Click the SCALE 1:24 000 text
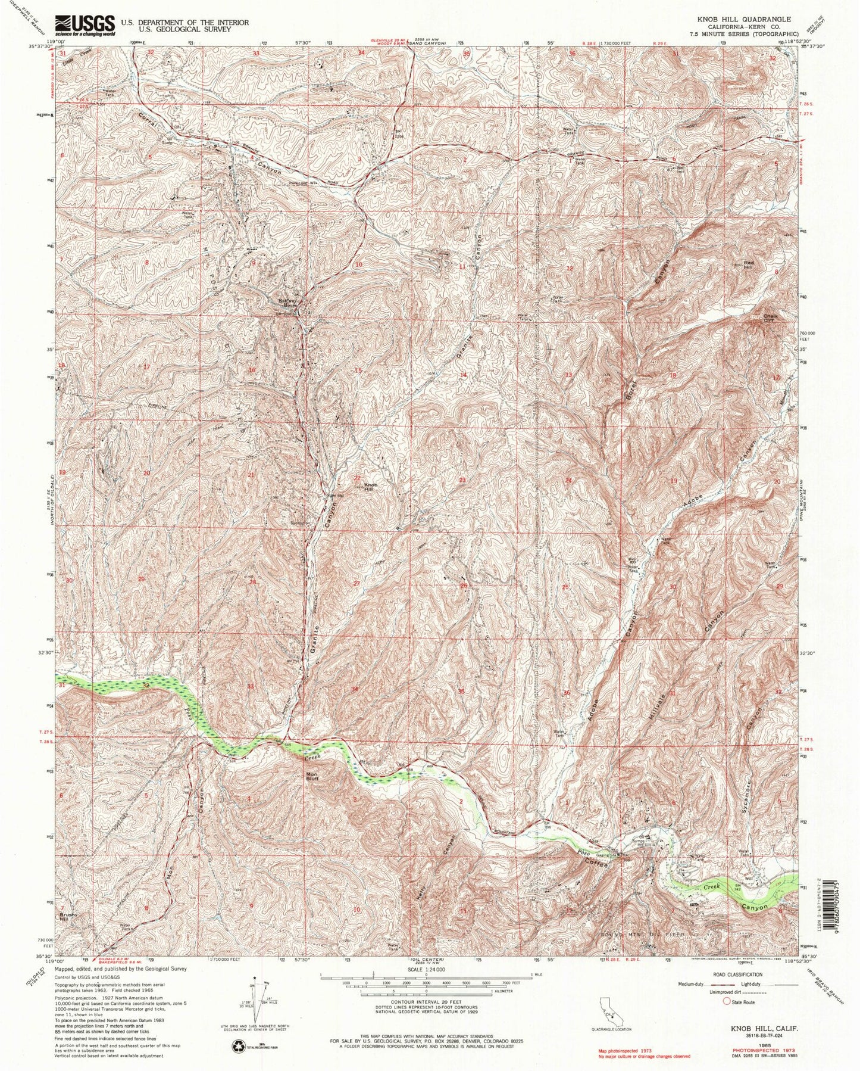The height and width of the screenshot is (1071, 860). click(426, 969)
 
